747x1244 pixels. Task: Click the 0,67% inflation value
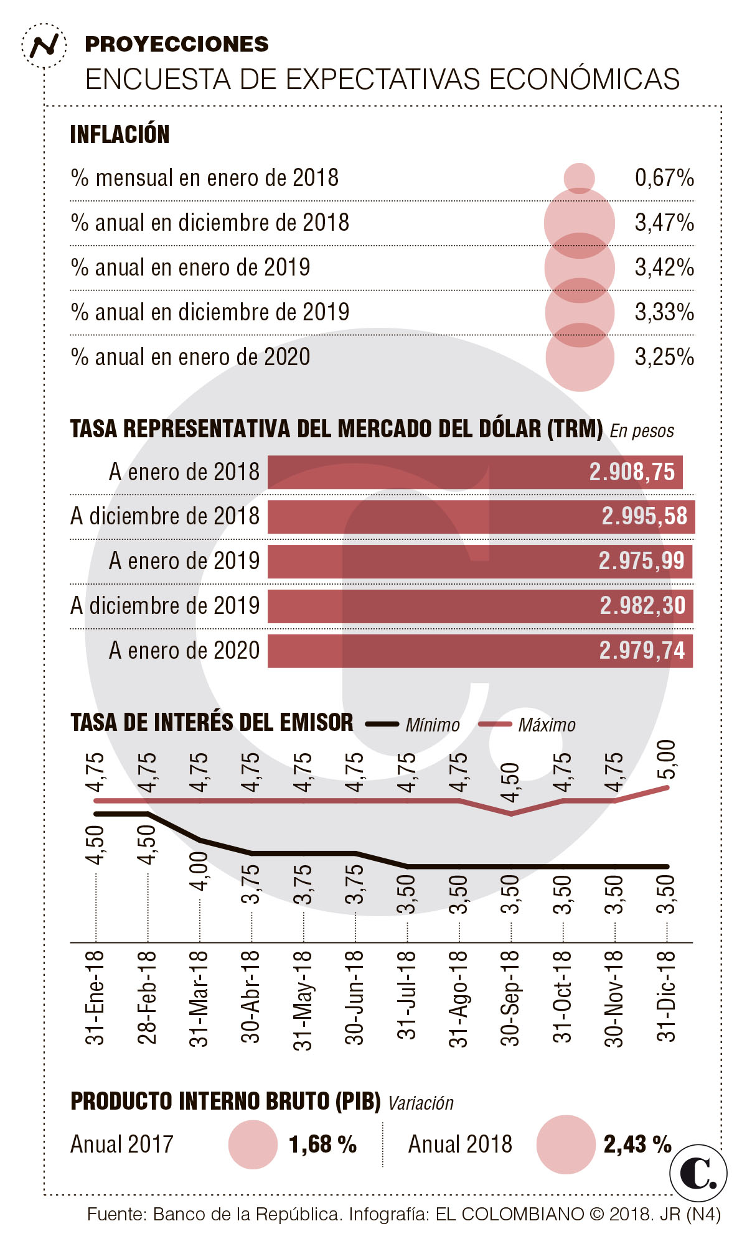tap(664, 179)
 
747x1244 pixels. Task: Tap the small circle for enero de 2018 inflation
tap(579, 179)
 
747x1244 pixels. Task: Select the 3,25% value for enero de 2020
tap(664, 357)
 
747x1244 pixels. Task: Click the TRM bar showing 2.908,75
tap(474, 472)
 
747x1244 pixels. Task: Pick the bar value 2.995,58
tap(644, 516)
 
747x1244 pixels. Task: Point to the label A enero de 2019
tap(184, 561)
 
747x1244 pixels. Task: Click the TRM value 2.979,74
tap(641, 651)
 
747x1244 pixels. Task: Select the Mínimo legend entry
tap(432, 725)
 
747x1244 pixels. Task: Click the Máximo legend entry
tap(546, 725)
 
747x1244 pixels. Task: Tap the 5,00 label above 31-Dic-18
tap(666, 759)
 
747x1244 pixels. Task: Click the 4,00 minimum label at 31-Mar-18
tap(199, 871)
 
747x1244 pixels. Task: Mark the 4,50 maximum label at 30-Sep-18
tap(510, 782)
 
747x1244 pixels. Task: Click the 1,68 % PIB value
tap(322, 1144)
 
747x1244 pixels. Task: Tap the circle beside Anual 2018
tap(565, 1144)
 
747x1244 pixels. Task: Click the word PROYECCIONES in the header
tap(177, 44)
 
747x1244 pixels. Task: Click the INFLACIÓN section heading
tap(120, 134)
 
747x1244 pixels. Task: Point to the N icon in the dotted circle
tap(44, 45)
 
